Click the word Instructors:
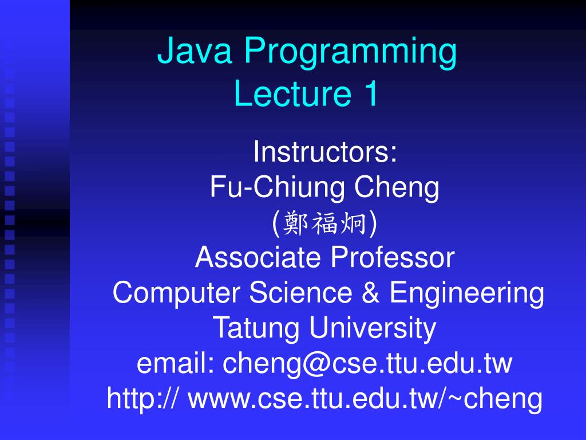325,152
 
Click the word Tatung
257,329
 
